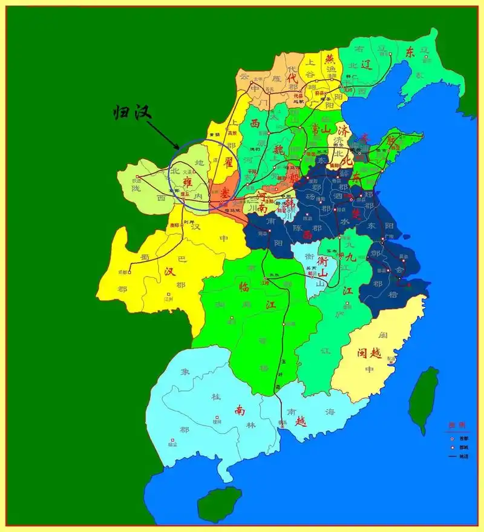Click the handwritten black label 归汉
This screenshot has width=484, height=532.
coord(132,113)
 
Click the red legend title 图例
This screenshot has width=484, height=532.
coord(454,425)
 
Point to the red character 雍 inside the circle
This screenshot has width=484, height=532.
coord(188,180)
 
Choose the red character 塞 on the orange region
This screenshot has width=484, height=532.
coord(224,192)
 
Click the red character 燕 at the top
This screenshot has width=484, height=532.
coord(330,59)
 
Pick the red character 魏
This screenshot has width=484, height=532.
coord(278,149)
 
